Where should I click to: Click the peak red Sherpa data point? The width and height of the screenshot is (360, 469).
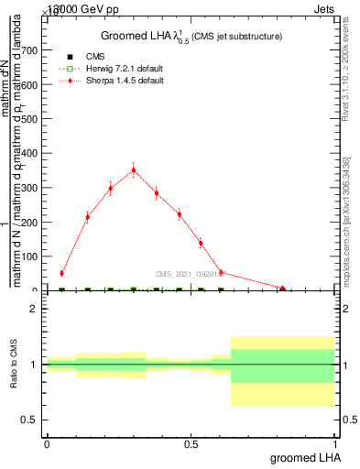pos(134,169)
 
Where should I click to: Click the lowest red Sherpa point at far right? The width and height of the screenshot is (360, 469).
pos(283,288)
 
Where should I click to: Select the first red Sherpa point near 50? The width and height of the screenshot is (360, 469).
pos(61,273)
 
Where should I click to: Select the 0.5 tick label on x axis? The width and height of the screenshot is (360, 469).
pos(191,444)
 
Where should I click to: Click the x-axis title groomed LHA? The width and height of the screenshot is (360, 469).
pos(303,457)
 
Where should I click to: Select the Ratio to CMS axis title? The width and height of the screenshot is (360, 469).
pos(14,365)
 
